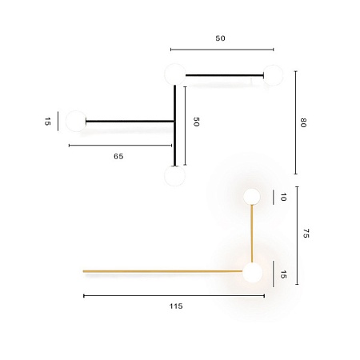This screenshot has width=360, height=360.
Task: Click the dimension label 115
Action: [176, 306]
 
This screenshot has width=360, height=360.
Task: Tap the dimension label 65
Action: [118, 157]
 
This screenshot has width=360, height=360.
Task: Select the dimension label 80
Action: [304, 122]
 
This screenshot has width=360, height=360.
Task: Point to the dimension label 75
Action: [306, 234]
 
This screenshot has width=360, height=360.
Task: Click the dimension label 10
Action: [283, 197]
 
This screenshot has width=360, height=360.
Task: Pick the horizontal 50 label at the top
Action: [221, 38]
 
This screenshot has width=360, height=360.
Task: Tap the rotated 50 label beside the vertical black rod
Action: [196, 122]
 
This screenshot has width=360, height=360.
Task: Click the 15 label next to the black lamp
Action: [48, 122]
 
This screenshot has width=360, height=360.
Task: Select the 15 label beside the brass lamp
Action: [283, 274]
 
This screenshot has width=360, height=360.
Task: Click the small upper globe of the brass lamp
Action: [252, 196]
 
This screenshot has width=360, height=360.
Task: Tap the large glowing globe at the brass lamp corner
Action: [253, 273]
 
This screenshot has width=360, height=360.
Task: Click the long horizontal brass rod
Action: [160, 271]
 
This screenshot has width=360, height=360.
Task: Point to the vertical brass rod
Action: [253, 233]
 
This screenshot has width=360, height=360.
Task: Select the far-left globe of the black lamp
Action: [76, 122]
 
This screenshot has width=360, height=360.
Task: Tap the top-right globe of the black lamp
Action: [274, 76]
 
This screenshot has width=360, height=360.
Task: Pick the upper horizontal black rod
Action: [224, 76]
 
